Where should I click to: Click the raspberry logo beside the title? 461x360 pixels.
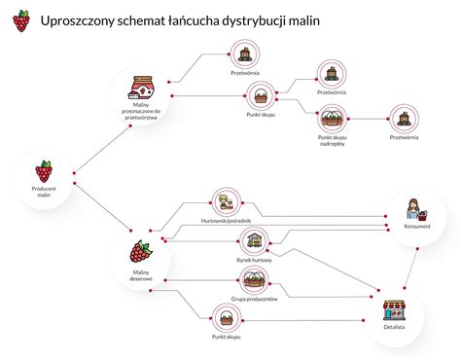[19, 19]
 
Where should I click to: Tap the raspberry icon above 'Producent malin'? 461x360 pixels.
[44, 171]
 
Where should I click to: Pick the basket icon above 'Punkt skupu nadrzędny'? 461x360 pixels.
[332, 119]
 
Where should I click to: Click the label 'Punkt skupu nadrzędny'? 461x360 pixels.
[332, 142]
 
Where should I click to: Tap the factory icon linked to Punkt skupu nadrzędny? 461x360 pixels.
[404, 119]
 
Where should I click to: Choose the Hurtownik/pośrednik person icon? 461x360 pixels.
[227, 202]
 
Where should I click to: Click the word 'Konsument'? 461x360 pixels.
[417, 227]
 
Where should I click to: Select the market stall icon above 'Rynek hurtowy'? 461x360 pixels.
[254, 240]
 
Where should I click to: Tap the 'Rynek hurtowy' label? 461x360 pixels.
[254, 260]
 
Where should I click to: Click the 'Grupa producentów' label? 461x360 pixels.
[254, 300]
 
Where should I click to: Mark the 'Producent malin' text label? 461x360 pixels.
[44, 193]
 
